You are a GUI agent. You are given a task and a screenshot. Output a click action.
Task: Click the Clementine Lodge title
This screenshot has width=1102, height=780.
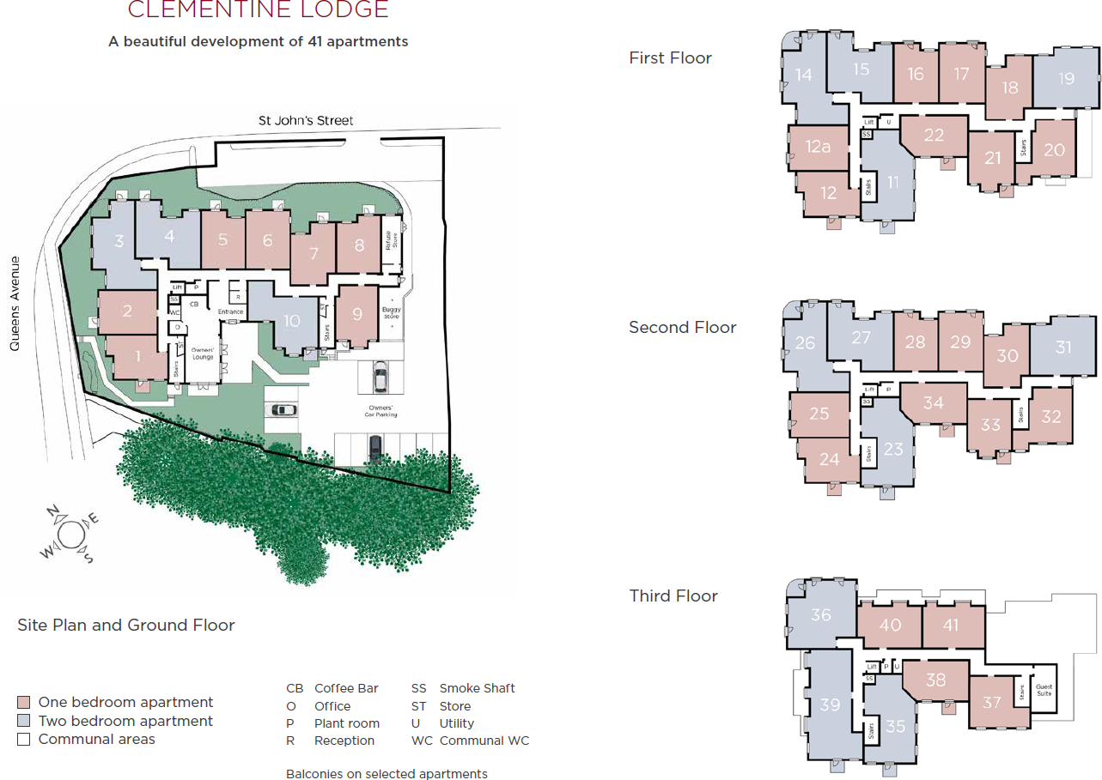point(258,10)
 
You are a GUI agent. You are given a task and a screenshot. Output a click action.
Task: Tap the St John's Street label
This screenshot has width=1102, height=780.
point(306,121)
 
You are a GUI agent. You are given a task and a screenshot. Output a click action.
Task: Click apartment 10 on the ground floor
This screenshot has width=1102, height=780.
point(292,320)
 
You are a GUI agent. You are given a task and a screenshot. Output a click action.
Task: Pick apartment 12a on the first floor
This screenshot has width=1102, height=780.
point(819,147)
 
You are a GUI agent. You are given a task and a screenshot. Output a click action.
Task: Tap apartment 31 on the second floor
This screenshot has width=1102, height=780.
point(1063,348)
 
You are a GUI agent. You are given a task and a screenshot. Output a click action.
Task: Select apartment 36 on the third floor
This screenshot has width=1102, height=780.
point(821,614)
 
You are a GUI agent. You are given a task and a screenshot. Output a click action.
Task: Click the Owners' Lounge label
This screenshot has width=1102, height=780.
point(203,354)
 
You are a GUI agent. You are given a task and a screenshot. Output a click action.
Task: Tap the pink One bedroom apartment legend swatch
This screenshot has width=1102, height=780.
point(24,703)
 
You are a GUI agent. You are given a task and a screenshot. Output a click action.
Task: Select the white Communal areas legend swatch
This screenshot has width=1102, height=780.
point(24,739)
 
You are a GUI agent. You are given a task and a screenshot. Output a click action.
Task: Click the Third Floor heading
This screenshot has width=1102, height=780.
point(673,596)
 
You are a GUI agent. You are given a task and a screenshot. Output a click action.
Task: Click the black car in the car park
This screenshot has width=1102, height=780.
point(375,447)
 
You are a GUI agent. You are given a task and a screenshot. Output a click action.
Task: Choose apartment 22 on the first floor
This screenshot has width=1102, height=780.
point(934,135)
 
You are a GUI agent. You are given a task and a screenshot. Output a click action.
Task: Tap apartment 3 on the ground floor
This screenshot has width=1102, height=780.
point(119,242)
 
